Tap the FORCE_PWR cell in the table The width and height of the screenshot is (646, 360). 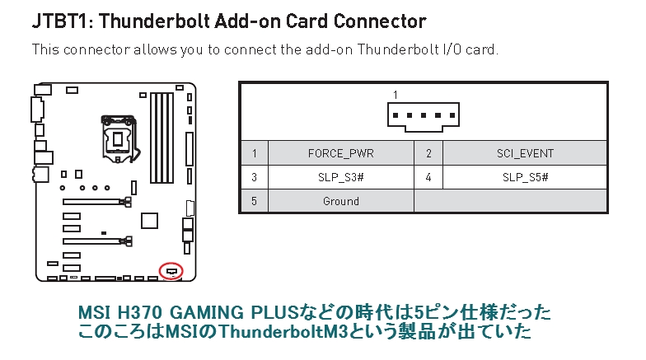(340, 153)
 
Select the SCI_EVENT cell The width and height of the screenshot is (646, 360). (525, 153)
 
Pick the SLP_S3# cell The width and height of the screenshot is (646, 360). (340, 177)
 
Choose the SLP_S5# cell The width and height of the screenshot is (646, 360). (525, 177)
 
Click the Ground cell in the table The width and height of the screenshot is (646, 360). (340, 201)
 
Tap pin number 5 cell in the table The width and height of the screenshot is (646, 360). (255, 201)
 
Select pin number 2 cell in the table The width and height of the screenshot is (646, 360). (428, 153)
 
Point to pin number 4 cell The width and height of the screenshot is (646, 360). (428, 177)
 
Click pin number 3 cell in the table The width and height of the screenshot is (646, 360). (255, 177)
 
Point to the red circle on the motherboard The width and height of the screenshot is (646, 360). (171, 270)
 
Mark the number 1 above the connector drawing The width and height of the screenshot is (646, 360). (396, 95)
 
